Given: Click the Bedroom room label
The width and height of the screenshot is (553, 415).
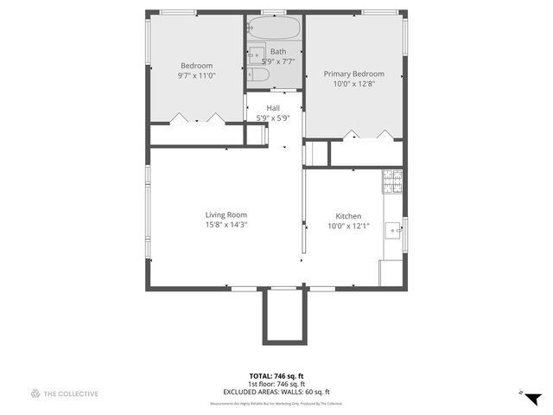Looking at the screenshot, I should pyautogui.click(x=196, y=66).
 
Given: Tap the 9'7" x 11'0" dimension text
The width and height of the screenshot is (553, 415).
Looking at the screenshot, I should pyautogui.click(x=196, y=76).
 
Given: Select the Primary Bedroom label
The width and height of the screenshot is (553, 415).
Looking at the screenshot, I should pyautogui.click(x=353, y=74).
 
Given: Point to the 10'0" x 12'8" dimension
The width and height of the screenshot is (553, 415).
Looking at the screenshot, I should pyautogui.click(x=353, y=85).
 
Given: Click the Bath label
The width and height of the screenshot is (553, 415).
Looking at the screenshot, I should pyautogui.click(x=277, y=52).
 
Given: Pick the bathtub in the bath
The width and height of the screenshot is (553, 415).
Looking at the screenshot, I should pyautogui.click(x=274, y=29).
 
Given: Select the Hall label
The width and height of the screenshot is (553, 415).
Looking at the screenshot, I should pyautogui.click(x=273, y=108).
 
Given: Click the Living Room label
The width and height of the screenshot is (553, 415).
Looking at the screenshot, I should pyautogui.click(x=226, y=215).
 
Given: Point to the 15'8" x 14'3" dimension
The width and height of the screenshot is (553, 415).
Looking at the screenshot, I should pyautogui.click(x=226, y=226).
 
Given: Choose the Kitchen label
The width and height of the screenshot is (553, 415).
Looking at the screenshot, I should pyautogui.click(x=348, y=216).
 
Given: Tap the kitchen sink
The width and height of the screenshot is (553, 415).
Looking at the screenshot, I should pyautogui.click(x=394, y=230).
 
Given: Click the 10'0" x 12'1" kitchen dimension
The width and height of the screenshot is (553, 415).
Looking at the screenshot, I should pyautogui.click(x=348, y=227).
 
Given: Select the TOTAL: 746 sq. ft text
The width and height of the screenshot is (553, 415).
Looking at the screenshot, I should pyautogui.click(x=276, y=375).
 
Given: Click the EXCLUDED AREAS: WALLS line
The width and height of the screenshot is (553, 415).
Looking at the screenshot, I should pyautogui.click(x=276, y=391).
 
